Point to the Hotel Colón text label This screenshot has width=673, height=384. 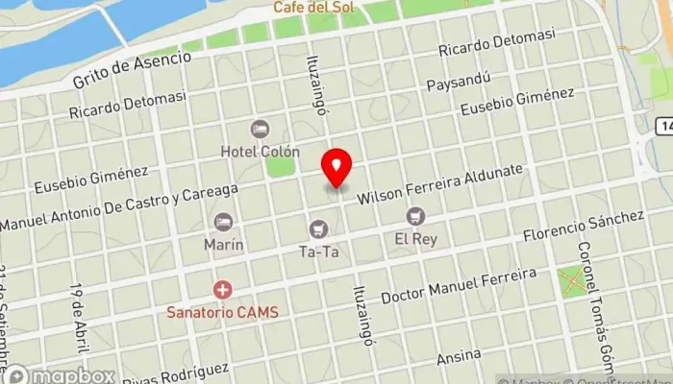click(x=260, y=152)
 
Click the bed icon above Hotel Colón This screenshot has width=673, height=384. click(x=260, y=129)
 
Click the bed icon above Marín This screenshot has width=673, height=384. click(x=223, y=222)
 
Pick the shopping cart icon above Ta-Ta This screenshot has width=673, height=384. click(x=318, y=228)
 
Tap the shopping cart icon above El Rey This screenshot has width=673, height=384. click(x=414, y=216)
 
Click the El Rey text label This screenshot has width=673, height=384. click(x=415, y=238)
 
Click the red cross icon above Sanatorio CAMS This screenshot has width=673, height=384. click(x=222, y=289)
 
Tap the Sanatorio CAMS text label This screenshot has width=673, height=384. click(x=222, y=310)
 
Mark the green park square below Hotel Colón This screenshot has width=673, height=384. click(x=281, y=166)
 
